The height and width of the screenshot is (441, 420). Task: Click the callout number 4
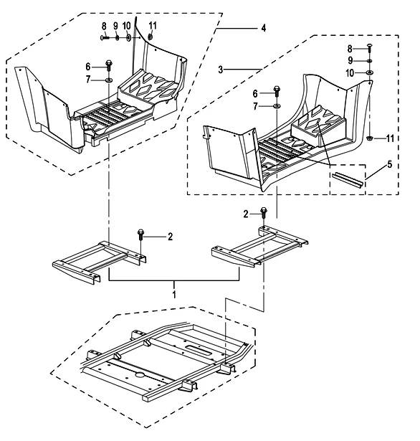coord(263,28)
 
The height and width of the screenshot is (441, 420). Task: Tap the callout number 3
coord(221,70)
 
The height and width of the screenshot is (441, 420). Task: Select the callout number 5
coord(389,164)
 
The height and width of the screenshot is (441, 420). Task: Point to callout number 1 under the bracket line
coord(174,295)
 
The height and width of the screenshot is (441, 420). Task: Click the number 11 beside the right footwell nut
coord(390,138)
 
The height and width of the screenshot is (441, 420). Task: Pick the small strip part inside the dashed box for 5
coord(348,179)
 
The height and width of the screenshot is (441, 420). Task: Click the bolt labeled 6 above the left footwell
coord(109,65)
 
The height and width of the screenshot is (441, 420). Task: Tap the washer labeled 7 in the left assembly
coord(109,80)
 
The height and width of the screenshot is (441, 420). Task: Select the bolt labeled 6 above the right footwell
coord(277,91)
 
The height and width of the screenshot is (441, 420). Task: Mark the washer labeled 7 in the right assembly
coord(277,106)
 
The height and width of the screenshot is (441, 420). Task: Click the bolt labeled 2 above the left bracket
coord(140,234)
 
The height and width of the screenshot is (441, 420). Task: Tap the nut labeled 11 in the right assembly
coord(370,138)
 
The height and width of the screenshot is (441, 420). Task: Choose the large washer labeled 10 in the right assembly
coord(370,73)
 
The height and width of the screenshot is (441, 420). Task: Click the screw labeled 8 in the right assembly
coord(370,48)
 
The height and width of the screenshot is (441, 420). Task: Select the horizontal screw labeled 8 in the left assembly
coord(105,37)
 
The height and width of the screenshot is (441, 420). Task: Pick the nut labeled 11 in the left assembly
coord(150,37)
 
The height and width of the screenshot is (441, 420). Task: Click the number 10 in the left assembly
coord(127,26)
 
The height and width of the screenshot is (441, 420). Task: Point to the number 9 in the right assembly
coord(350,60)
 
